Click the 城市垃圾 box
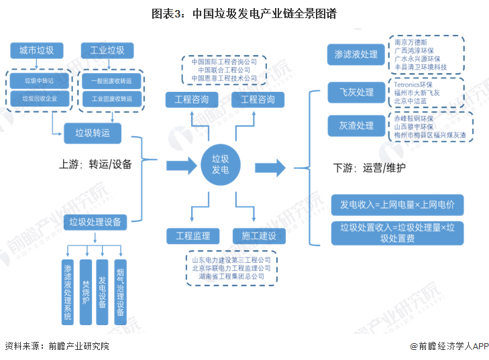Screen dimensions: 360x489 (x=37, y=50)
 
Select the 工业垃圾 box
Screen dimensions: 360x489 (x=107, y=50)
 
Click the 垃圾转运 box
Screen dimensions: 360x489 (x=93, y=133)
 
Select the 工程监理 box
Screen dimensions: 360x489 (x=193, y=235)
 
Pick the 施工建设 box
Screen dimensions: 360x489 (x=258, y=235)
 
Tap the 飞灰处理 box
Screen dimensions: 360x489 (x=356, y=93)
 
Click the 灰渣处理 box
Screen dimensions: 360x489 (x=356, y=125)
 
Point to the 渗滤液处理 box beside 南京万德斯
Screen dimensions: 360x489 (x=356, y=54)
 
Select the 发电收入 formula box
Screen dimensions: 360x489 (x=397, y=204)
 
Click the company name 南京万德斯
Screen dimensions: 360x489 (x=411, y=42)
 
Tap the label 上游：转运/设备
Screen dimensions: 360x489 (x=95, y=164)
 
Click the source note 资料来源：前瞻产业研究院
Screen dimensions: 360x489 (x=57, y=347)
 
